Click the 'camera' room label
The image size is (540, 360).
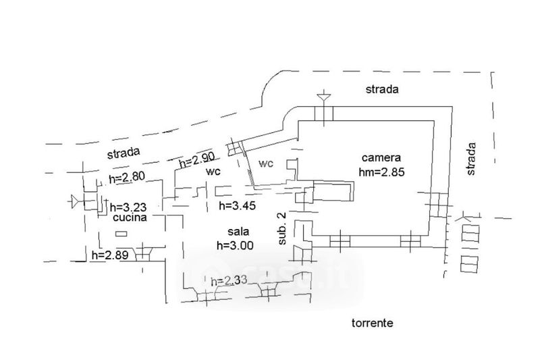(x=381, y=158)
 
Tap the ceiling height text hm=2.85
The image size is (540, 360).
(x=381, y=172)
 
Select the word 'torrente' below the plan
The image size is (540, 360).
(x=373, y=323)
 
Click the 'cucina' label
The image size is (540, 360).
(x=130, y=217)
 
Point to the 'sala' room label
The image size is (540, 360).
(x=238, y=232)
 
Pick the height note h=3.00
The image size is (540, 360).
(x=235, y=245)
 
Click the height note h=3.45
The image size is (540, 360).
(x=238, y=205)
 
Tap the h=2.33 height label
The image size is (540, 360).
(x=229, y=280)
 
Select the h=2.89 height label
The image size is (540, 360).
(x=110, y=255)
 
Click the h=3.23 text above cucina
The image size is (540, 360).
(x=128, y=207)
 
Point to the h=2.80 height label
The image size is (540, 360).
(x=126, y=178)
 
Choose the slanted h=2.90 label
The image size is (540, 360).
(x=196, y=160)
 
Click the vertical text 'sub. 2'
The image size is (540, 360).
(x=282, y=228)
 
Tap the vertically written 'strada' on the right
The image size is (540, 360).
(x=470, y=159)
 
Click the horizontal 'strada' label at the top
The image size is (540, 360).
(x=382, y=89)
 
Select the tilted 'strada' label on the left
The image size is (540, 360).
(x=124, y=153)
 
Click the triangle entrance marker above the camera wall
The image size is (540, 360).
(x=324, y=97)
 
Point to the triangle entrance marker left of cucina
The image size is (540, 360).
(x=75, y=201)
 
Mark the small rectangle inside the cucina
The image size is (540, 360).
(x=121, y=234)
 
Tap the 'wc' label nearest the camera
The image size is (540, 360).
(x=266, y=163)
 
